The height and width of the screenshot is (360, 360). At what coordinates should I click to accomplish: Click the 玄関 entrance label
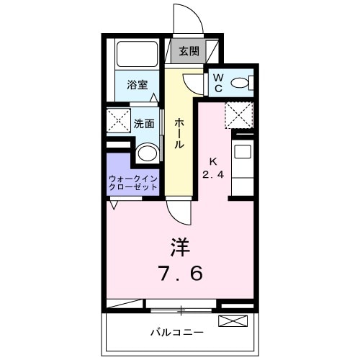coord(189,51)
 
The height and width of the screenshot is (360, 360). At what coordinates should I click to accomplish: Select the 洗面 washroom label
coord(143,123)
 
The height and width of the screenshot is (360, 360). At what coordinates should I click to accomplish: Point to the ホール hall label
coord(179,133)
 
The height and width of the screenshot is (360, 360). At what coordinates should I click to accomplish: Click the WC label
coord(218,84)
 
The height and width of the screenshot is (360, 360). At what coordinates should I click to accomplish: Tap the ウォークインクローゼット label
coord(133,181)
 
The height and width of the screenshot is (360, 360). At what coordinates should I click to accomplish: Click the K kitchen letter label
coord(213,161)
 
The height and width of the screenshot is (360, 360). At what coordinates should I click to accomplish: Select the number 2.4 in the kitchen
coord(213,175)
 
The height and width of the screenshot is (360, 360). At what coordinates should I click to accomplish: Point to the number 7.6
coord(180,274)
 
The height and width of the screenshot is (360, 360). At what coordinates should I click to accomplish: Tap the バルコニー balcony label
coord(177,333)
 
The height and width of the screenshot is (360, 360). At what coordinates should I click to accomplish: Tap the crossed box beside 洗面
coord(117,120)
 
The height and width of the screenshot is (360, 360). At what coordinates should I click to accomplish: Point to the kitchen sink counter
coord(243,166)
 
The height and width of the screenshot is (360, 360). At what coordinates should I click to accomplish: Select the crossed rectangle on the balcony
coord(232,320)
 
